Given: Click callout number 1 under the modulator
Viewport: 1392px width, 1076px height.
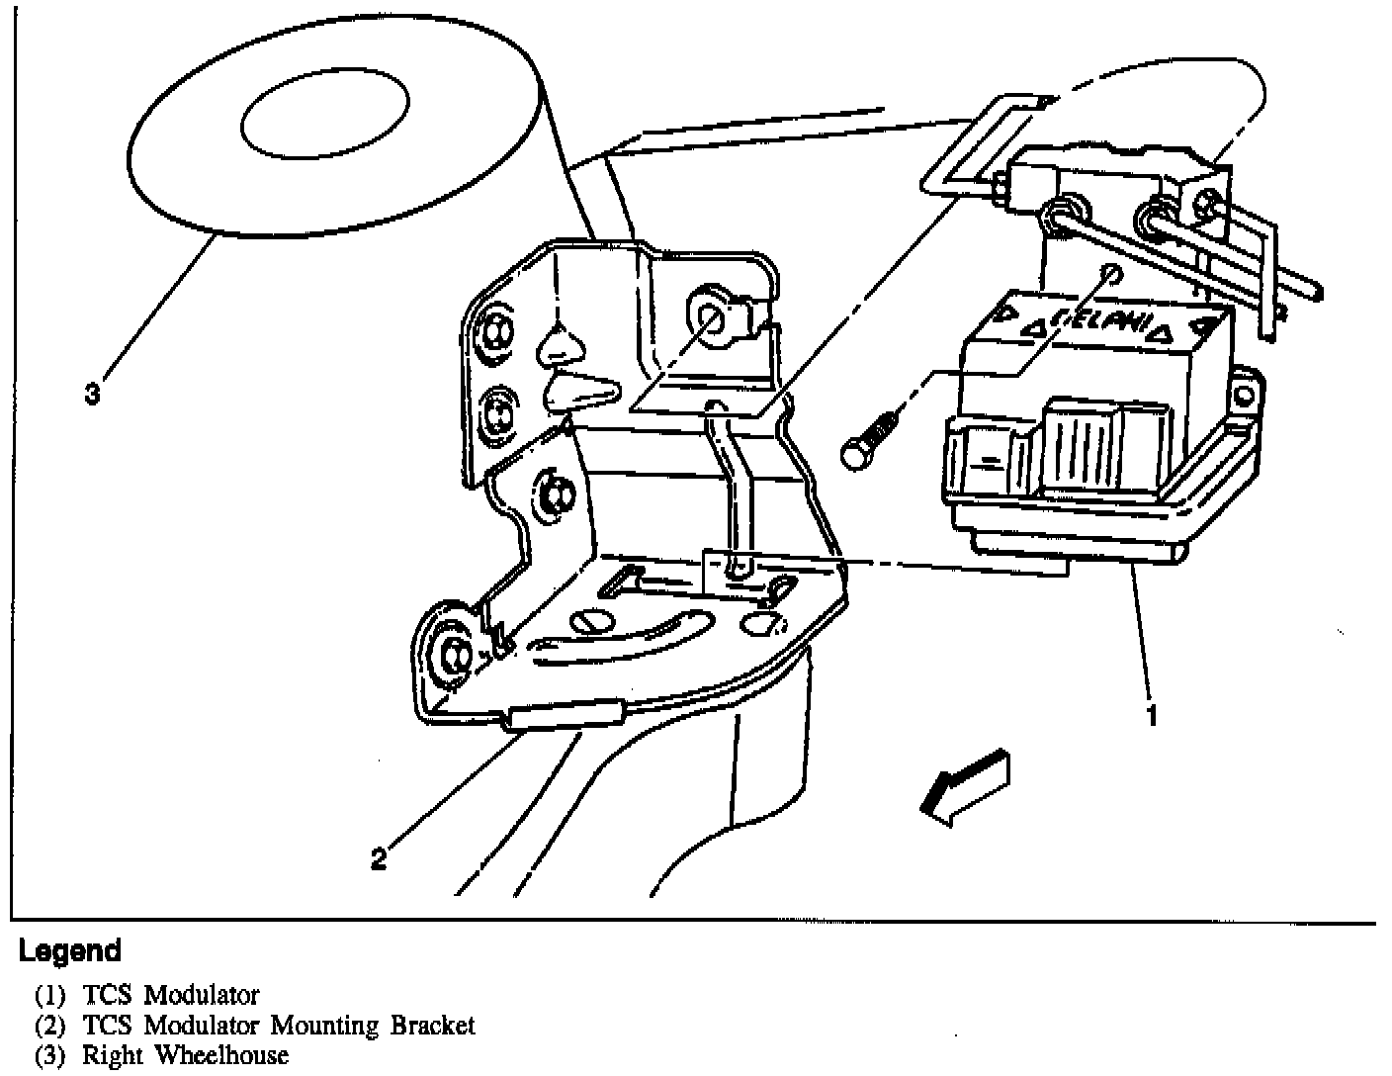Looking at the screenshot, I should click(1151, 715).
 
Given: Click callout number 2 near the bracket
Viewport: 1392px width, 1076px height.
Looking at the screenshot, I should click(379, 858).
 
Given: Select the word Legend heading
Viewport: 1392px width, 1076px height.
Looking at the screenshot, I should click(70, 951).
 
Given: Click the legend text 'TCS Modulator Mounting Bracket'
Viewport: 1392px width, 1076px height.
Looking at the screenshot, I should click(279, 1026).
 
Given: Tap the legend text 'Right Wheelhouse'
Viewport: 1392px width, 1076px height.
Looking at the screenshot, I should click(185, 1055).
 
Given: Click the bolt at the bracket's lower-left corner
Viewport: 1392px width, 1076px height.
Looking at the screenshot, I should click(456, 654).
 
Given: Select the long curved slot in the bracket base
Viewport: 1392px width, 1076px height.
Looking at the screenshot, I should click(623, 639).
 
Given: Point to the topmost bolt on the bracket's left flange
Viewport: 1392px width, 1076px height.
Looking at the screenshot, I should click(492, 330).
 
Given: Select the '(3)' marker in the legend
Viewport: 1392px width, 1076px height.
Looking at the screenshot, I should click(49, 1055).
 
